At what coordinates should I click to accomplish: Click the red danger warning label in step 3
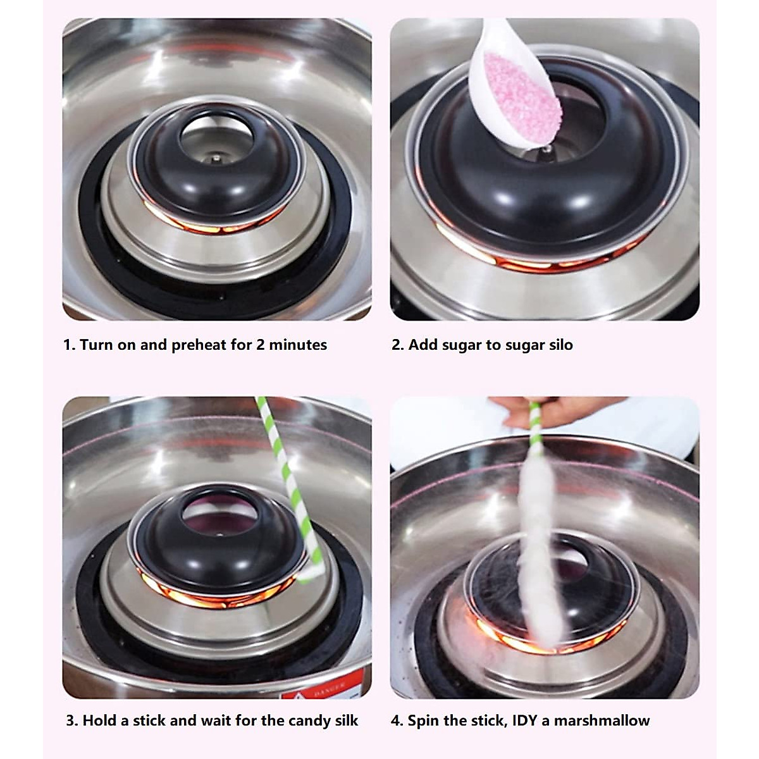point(316,689)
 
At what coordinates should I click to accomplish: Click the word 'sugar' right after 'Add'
point(462,345)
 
